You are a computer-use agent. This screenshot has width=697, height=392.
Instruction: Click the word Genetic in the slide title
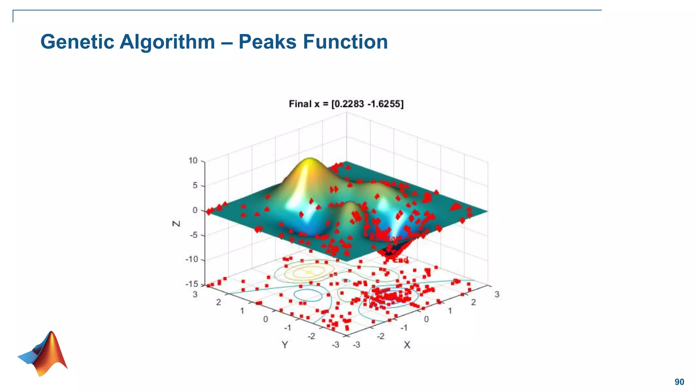coord(77,42)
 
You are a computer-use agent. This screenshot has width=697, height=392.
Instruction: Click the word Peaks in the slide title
coord(268,42)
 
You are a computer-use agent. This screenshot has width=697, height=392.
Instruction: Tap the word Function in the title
coord(345,42)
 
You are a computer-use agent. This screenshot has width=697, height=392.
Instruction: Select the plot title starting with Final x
coord(346,104)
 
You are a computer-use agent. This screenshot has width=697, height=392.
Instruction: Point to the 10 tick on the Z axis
coord(193,161)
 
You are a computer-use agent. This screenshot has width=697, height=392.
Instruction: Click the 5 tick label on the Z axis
coord(195,185)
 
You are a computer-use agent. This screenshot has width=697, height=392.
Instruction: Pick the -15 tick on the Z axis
coord(192,284)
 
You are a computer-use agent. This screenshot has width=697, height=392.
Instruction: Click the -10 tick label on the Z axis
coord(192,259)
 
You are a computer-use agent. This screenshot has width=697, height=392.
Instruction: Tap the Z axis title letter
coord(176,224)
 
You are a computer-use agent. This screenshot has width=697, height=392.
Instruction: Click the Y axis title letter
coord(285,345)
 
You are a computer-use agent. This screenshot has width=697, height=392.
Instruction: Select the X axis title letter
coord(407,345)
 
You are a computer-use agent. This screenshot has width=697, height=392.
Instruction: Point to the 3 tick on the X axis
coord(497,294)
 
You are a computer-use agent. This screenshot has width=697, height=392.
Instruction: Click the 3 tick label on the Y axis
coord(195,294)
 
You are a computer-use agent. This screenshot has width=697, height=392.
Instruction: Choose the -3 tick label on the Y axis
coord(336,345)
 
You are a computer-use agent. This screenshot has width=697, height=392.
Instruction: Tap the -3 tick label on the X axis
coord(356,345)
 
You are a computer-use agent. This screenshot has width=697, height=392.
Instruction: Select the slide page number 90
coord(679,382)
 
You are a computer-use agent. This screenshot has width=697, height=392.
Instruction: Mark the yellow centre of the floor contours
coord(309,272)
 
